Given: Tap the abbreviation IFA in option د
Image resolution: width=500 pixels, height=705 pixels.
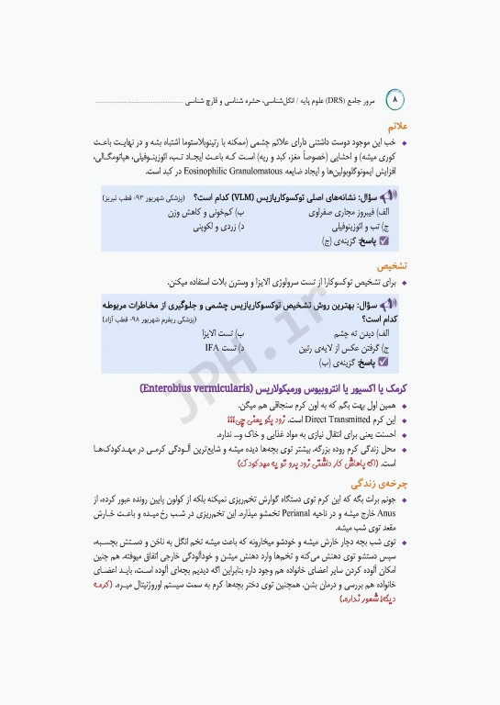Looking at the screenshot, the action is (213, 348).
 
